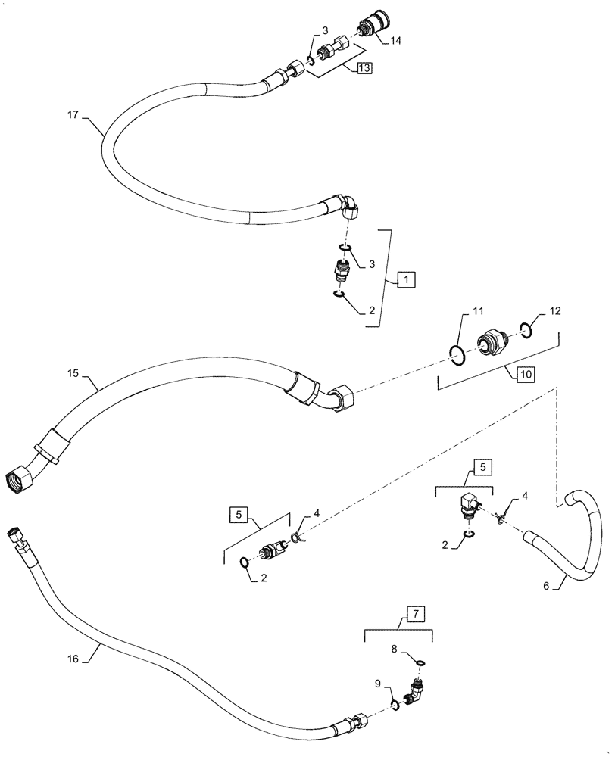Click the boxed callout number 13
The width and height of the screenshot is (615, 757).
364,68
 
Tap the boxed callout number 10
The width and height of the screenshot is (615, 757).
525,375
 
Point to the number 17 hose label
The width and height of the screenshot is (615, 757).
72,116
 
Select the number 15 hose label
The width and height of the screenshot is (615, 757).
73,373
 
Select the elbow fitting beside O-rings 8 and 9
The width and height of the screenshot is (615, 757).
416,690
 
